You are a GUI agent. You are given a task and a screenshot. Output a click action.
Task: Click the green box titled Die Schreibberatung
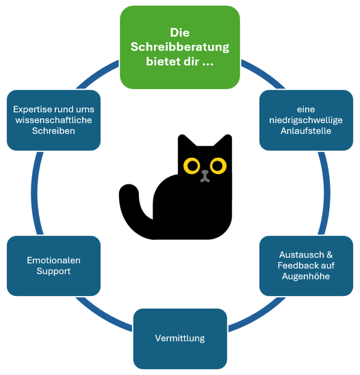click(180, 47)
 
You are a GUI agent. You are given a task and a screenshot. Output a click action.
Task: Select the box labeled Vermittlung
click(180, 339)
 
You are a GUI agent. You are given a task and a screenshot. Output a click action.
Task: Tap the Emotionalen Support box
click(54, 266)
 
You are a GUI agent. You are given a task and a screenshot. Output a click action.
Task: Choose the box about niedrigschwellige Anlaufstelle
click(306, 120)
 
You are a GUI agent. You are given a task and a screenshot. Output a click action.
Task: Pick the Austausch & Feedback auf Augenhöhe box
click(306, 266)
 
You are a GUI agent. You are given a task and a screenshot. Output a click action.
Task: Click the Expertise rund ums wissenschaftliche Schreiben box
click(54, 120)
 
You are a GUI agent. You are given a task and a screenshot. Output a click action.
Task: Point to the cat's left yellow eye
click(192, 166)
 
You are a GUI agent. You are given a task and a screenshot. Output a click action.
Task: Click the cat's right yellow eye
click(218, 166)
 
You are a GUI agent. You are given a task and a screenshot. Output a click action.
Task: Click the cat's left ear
click(183, 142)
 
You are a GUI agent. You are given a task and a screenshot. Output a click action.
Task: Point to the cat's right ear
click(226, 142)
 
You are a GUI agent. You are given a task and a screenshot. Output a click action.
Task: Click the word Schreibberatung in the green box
click(180, 47)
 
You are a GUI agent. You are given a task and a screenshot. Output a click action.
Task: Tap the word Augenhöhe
click(306, 276)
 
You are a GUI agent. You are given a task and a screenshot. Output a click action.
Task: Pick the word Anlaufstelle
click(306, 130)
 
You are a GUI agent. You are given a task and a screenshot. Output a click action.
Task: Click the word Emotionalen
click(54, 260)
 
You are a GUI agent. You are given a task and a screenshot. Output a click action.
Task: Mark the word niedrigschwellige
click(306, 120)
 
